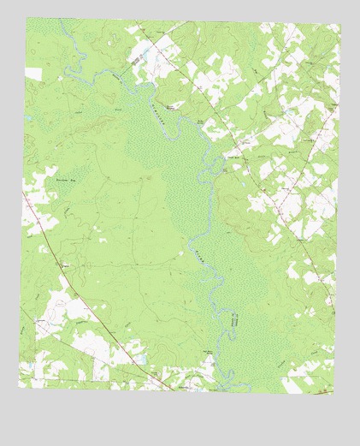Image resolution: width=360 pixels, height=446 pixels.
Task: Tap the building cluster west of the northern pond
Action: click(136, 57)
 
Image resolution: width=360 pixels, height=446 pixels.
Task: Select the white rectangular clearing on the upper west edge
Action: click(33, 74)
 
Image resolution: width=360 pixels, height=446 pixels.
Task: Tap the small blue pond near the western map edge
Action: click(28, 117)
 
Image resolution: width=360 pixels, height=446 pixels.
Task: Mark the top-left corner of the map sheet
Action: click(26, 18)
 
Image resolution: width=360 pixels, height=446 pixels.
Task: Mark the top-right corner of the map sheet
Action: click(340, 23)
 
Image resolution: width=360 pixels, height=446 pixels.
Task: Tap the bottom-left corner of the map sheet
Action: click(19, 387)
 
